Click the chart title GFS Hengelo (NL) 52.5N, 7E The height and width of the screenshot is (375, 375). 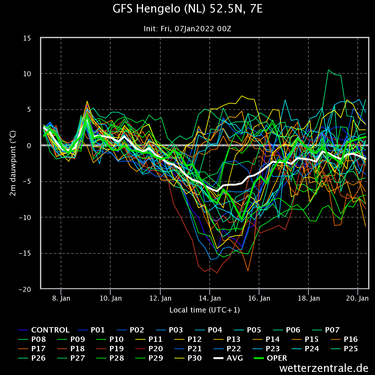tap(187, 9)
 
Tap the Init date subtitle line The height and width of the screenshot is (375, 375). tap(187, 29)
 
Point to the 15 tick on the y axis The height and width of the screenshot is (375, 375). tap(27, 38)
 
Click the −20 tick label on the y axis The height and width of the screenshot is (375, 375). tap(25, 289)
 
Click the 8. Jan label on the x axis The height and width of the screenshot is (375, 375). tap(61, 298)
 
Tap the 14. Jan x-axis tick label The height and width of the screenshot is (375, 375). tap(210, 298)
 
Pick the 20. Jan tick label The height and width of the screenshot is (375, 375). tap(357, 298)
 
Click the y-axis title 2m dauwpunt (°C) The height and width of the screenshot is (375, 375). tap(13, 163)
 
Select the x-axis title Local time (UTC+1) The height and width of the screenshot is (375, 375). tap(204, 310)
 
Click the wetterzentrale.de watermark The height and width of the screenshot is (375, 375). tap(324, 368)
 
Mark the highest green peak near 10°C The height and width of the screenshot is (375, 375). tap(328, 70)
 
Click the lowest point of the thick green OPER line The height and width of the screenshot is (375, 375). tap(242, 220)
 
